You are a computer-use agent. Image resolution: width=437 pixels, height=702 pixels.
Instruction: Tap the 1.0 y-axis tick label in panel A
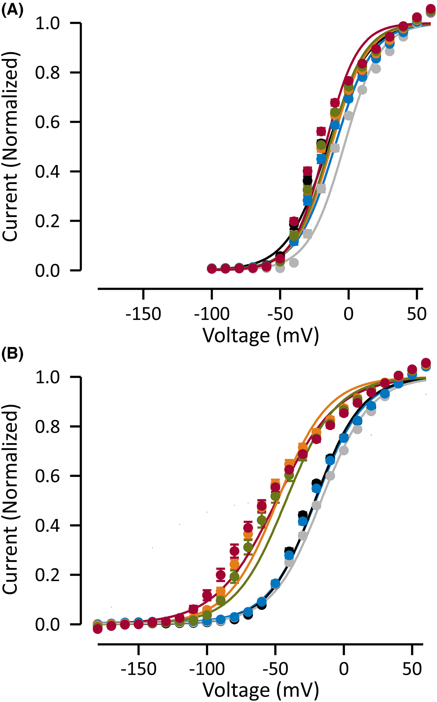point(47,23)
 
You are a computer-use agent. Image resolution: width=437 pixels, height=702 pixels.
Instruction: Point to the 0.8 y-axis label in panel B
point(47,427)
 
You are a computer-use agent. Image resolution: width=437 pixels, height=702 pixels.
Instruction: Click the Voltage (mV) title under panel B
point(260,690)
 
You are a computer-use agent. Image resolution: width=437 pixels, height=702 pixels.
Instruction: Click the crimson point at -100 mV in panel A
point(212,269)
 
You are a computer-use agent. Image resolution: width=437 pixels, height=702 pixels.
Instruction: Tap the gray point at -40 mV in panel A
point(294,263)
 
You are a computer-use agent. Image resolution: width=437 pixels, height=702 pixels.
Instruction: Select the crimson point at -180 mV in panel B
point(98,629)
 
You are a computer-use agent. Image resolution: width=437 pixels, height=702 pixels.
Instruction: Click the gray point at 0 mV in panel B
point(344,450)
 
